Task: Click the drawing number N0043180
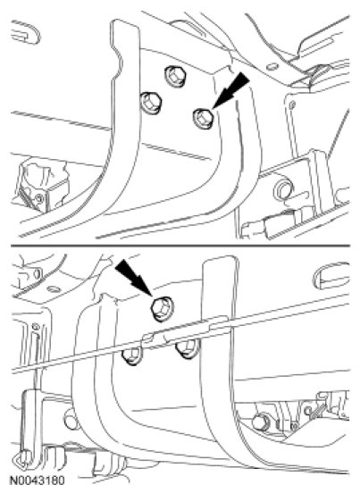[38, 480]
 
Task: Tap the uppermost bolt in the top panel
[175, 76]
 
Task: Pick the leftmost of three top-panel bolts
[151, 103]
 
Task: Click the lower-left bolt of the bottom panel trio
[132, 356]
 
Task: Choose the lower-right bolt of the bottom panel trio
[188, 350]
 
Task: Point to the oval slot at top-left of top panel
[26, 32]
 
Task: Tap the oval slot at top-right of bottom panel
[331, 276]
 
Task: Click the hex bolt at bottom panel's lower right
[261, 422]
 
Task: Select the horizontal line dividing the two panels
[180, 246]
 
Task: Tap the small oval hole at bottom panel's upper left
[52, 288]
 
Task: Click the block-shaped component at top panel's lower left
[43, 186]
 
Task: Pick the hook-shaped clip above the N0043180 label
[23, 459]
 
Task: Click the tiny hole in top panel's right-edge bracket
[293, 104]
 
